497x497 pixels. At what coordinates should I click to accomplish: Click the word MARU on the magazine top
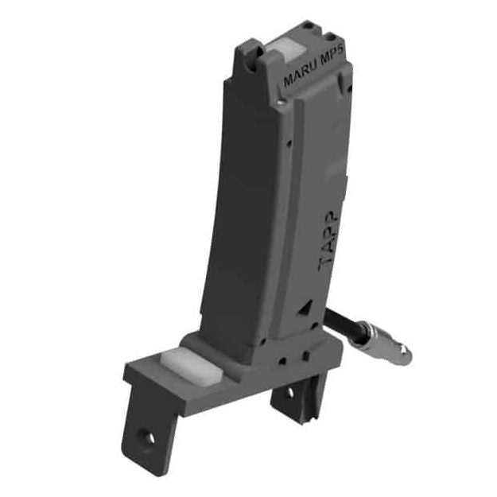coord(299,76)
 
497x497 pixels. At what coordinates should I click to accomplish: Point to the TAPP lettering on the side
coord(328,240)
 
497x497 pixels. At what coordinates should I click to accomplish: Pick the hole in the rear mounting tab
coord(290,394)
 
